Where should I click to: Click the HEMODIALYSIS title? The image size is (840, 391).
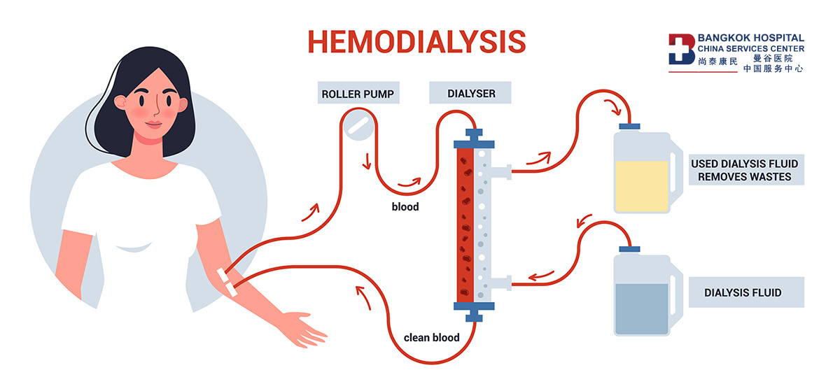[x=416, y=41]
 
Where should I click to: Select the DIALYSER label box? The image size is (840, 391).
[x=470, y=92]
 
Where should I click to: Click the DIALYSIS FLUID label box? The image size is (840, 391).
[x=746, y=292]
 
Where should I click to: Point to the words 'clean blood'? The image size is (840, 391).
[x=431, y=338]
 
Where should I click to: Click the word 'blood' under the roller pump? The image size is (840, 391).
[x=405, y=206]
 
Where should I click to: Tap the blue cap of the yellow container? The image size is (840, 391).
[x=629, y=127]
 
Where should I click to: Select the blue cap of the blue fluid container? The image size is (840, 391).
[x=629, y=249]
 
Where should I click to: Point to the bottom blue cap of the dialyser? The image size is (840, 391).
[x=474, y=311]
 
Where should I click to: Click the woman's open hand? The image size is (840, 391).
[x=302, y=329]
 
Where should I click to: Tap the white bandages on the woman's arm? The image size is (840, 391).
[x=227, y=282]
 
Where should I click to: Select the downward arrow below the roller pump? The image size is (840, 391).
[x=367, y=162]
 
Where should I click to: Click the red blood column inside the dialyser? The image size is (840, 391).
[x=465, y=225]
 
